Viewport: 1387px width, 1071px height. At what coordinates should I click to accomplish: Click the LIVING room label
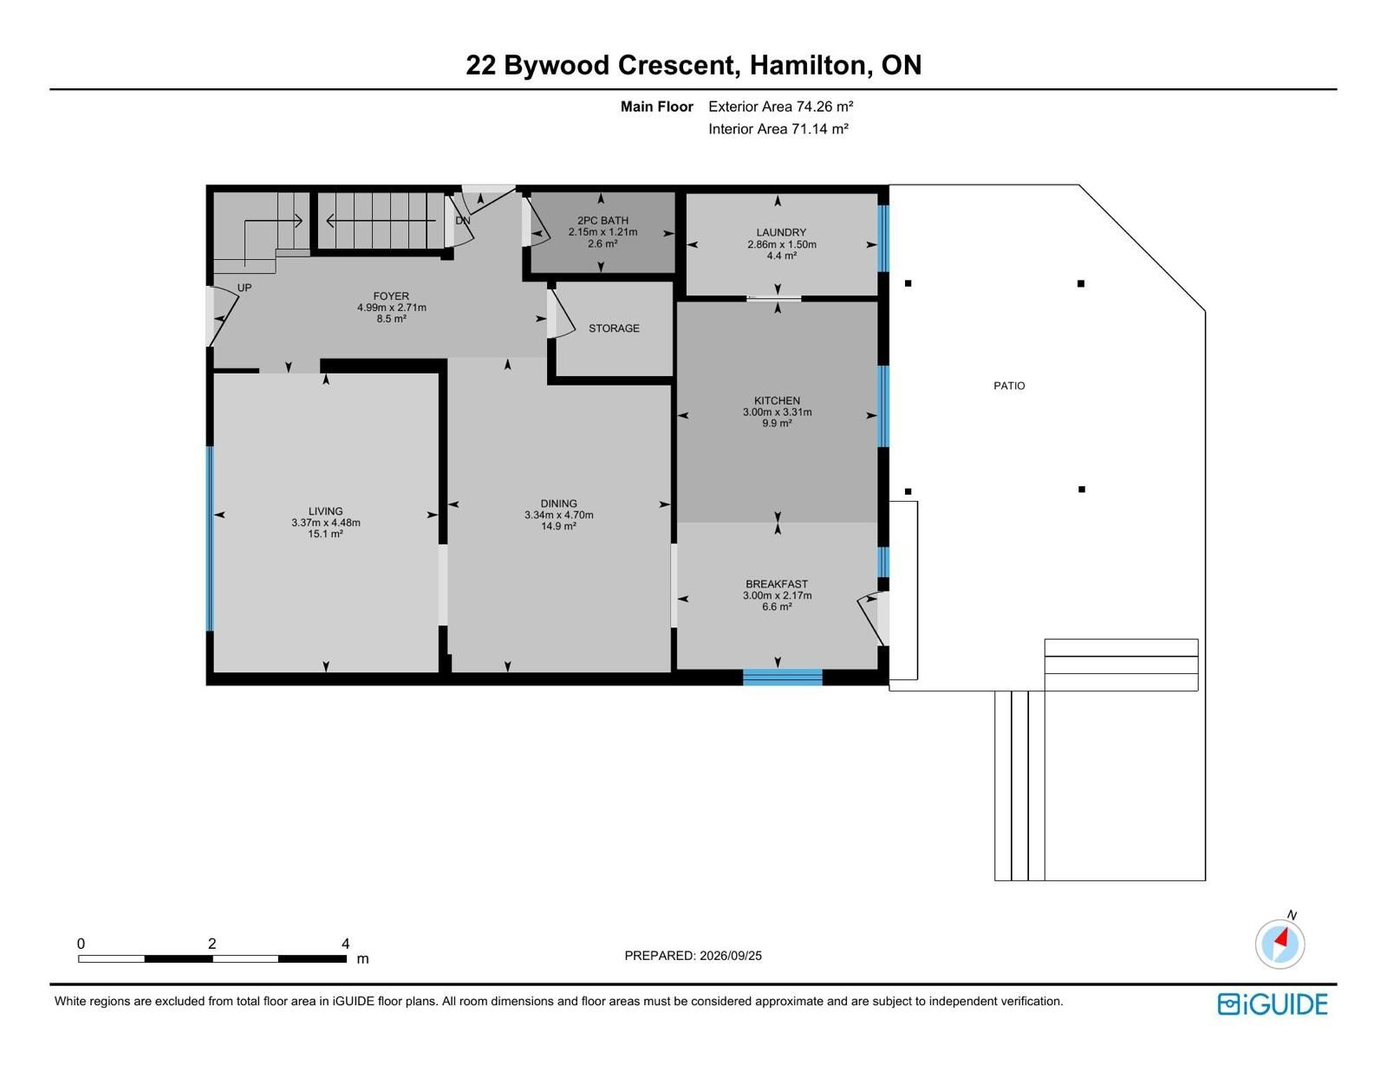(326, 511)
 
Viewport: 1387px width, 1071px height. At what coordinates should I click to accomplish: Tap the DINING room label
(558, 503)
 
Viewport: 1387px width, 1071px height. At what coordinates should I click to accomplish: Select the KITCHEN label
(777, 400)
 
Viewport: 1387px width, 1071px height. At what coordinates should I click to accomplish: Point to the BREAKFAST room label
(777, 584)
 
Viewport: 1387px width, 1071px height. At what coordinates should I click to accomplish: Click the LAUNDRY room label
(781, 232)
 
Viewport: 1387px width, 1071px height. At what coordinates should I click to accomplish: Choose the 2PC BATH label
(602, 221)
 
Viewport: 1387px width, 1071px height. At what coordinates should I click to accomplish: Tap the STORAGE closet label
(614, 328)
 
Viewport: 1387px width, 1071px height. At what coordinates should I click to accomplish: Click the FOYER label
(391, 296)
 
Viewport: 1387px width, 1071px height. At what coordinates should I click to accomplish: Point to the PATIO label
(1009, 386)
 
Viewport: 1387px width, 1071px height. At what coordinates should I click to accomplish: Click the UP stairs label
(244, 288)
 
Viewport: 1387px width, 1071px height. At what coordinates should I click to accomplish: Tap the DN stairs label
(463, 221)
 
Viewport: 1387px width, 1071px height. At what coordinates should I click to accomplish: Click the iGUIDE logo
(1272, 1004)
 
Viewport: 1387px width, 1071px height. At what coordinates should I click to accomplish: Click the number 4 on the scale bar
(345, 944)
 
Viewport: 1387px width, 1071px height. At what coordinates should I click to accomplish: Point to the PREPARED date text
(693, 956)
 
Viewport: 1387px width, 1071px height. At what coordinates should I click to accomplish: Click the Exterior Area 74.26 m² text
(781, 107)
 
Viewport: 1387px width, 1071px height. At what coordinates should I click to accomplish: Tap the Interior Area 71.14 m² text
(778, 129)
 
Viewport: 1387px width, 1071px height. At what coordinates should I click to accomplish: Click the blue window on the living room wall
(210, 538)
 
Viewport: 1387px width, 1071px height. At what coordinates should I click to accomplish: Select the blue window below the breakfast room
(783, 677)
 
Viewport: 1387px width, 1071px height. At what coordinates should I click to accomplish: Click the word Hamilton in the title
(807, 65)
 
